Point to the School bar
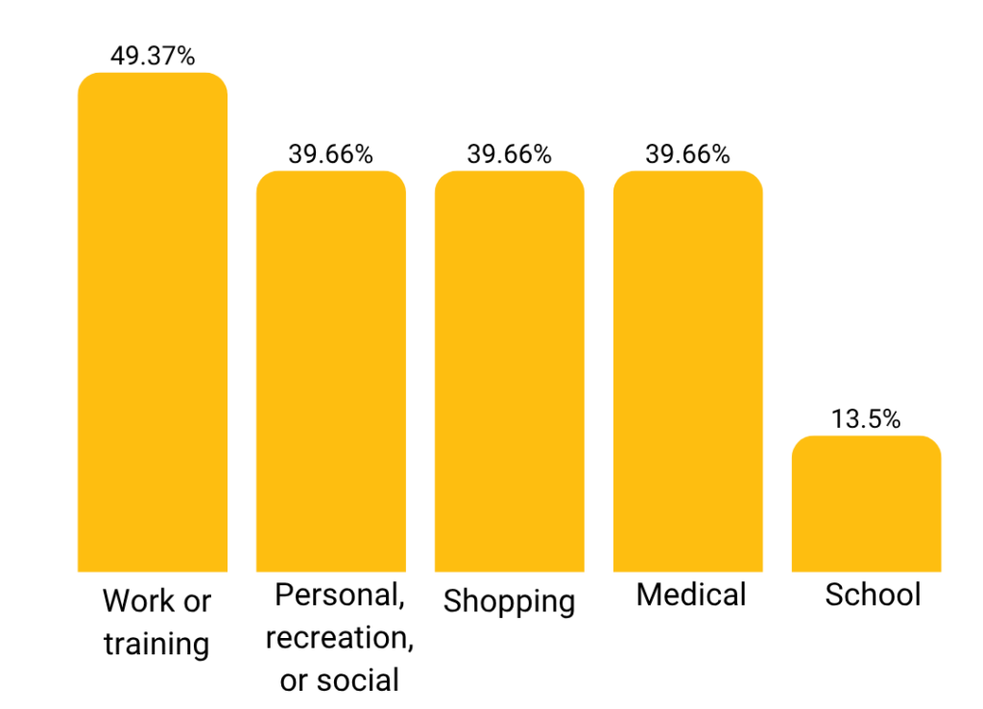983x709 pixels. (x=867, y=504)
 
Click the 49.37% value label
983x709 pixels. (x=153, y=57)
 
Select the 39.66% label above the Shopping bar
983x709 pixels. (x=510, y=154)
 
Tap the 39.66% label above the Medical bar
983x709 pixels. (x=688, y=154)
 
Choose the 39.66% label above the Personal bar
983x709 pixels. (x=331, y=154)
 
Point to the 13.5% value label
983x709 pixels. (x=867, y=419)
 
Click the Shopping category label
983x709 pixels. (x=510, y=603)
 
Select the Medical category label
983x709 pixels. (x=691, y=595)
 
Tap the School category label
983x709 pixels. (x=873, y=595)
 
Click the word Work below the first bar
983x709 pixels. (x=134, y=602)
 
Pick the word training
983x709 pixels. (x=156, y=644)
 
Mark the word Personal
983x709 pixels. (x=339, y=595)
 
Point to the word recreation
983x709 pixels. (x=339, y=637)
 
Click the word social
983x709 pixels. (x=357, y=679)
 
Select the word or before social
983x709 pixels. (x=294, y=679)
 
